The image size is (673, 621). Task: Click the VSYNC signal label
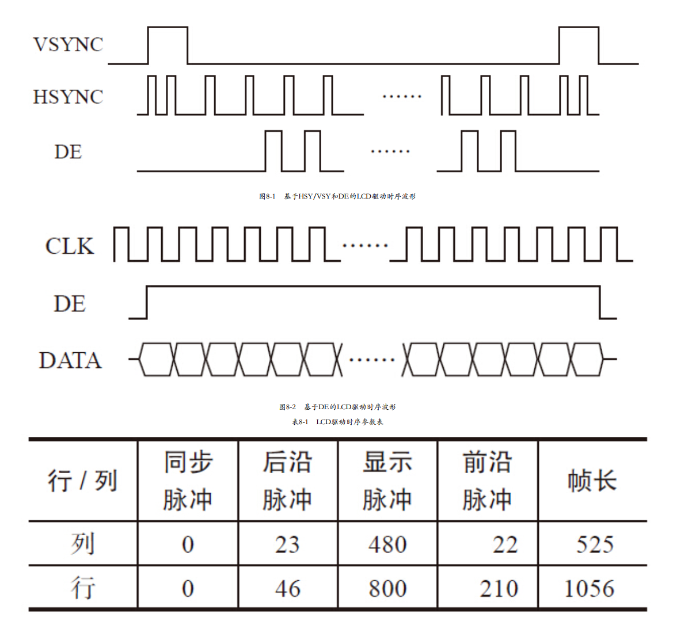(x=68, y=44)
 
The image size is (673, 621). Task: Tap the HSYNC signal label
(x=68, y=97)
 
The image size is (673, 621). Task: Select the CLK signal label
(x=70, y=246)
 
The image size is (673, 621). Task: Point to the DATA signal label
(x=70, y=360)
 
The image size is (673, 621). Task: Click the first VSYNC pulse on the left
(x=168, y=44)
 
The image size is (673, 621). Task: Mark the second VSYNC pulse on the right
(x=579, y=44)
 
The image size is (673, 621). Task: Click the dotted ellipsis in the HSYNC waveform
(x=402, y=96)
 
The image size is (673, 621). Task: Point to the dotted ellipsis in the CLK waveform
(x=365, y=246)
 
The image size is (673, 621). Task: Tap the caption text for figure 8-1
(x=337, y=196)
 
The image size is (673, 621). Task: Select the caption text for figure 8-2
(x=337, y=407)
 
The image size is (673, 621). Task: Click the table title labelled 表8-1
(x=337, y=422)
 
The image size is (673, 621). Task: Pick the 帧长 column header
(x=592, y=481)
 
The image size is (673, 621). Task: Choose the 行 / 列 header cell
(x=83, y=481)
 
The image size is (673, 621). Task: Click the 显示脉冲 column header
(x=387, y=481)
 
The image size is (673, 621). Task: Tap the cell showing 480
(x=387, y=544)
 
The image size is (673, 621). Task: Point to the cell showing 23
(x=287, y=544)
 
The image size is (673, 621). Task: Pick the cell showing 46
(x=287, y=588)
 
